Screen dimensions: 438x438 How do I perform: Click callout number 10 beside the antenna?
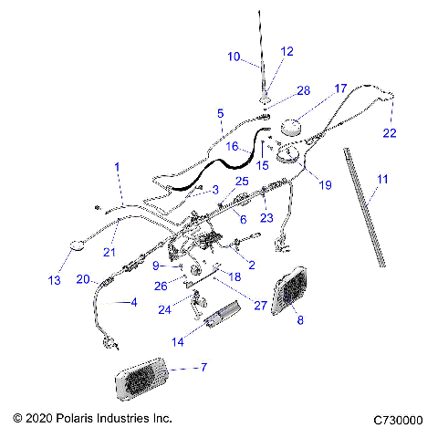point(235,57)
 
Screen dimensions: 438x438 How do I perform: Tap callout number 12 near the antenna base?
point(287,52)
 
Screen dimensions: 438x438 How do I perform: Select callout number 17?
point(340,89)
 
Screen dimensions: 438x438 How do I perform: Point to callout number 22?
point(391,132)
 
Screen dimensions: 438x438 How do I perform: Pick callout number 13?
point(56,279)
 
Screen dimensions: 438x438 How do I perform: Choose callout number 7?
point(203,367)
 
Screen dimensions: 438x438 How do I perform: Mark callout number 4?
point(135,301)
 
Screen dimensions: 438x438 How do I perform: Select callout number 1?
point(116,166)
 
